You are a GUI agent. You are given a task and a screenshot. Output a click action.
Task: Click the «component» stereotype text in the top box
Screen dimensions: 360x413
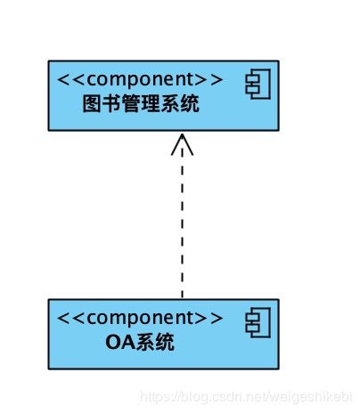(x=140, y=79)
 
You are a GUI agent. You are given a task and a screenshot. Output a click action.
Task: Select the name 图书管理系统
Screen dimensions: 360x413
(x=141, y=104)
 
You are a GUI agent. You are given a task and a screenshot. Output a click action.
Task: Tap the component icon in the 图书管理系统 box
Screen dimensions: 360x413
(x=258, y=84)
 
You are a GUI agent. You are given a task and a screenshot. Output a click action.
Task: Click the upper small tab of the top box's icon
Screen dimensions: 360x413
(x=252, y=78)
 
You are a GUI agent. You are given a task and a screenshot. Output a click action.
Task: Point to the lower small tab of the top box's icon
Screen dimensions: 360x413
(x=252, y=90)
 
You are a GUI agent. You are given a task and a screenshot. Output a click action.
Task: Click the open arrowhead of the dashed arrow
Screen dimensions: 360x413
(x=182, y=144)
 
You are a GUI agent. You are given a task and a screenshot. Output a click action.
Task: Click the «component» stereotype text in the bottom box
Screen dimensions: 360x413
(x=140, y=318)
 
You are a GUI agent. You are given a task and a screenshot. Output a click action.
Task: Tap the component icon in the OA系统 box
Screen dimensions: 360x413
(x=258, y=322)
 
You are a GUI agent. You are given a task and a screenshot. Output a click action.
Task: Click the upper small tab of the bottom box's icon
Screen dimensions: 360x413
(x=252, y=317)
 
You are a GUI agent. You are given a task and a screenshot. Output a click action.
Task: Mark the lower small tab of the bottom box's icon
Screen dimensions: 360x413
(x=252, y=328)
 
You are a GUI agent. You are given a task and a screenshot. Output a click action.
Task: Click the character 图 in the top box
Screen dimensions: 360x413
(x=92, y=104)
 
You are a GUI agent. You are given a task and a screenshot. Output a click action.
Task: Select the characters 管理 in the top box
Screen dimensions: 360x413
(x=141, y=104)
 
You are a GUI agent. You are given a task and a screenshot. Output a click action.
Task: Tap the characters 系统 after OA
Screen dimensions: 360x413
(x=154, y=343)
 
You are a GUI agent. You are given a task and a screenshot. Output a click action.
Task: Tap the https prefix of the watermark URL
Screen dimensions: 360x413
(x=156, y=397)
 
